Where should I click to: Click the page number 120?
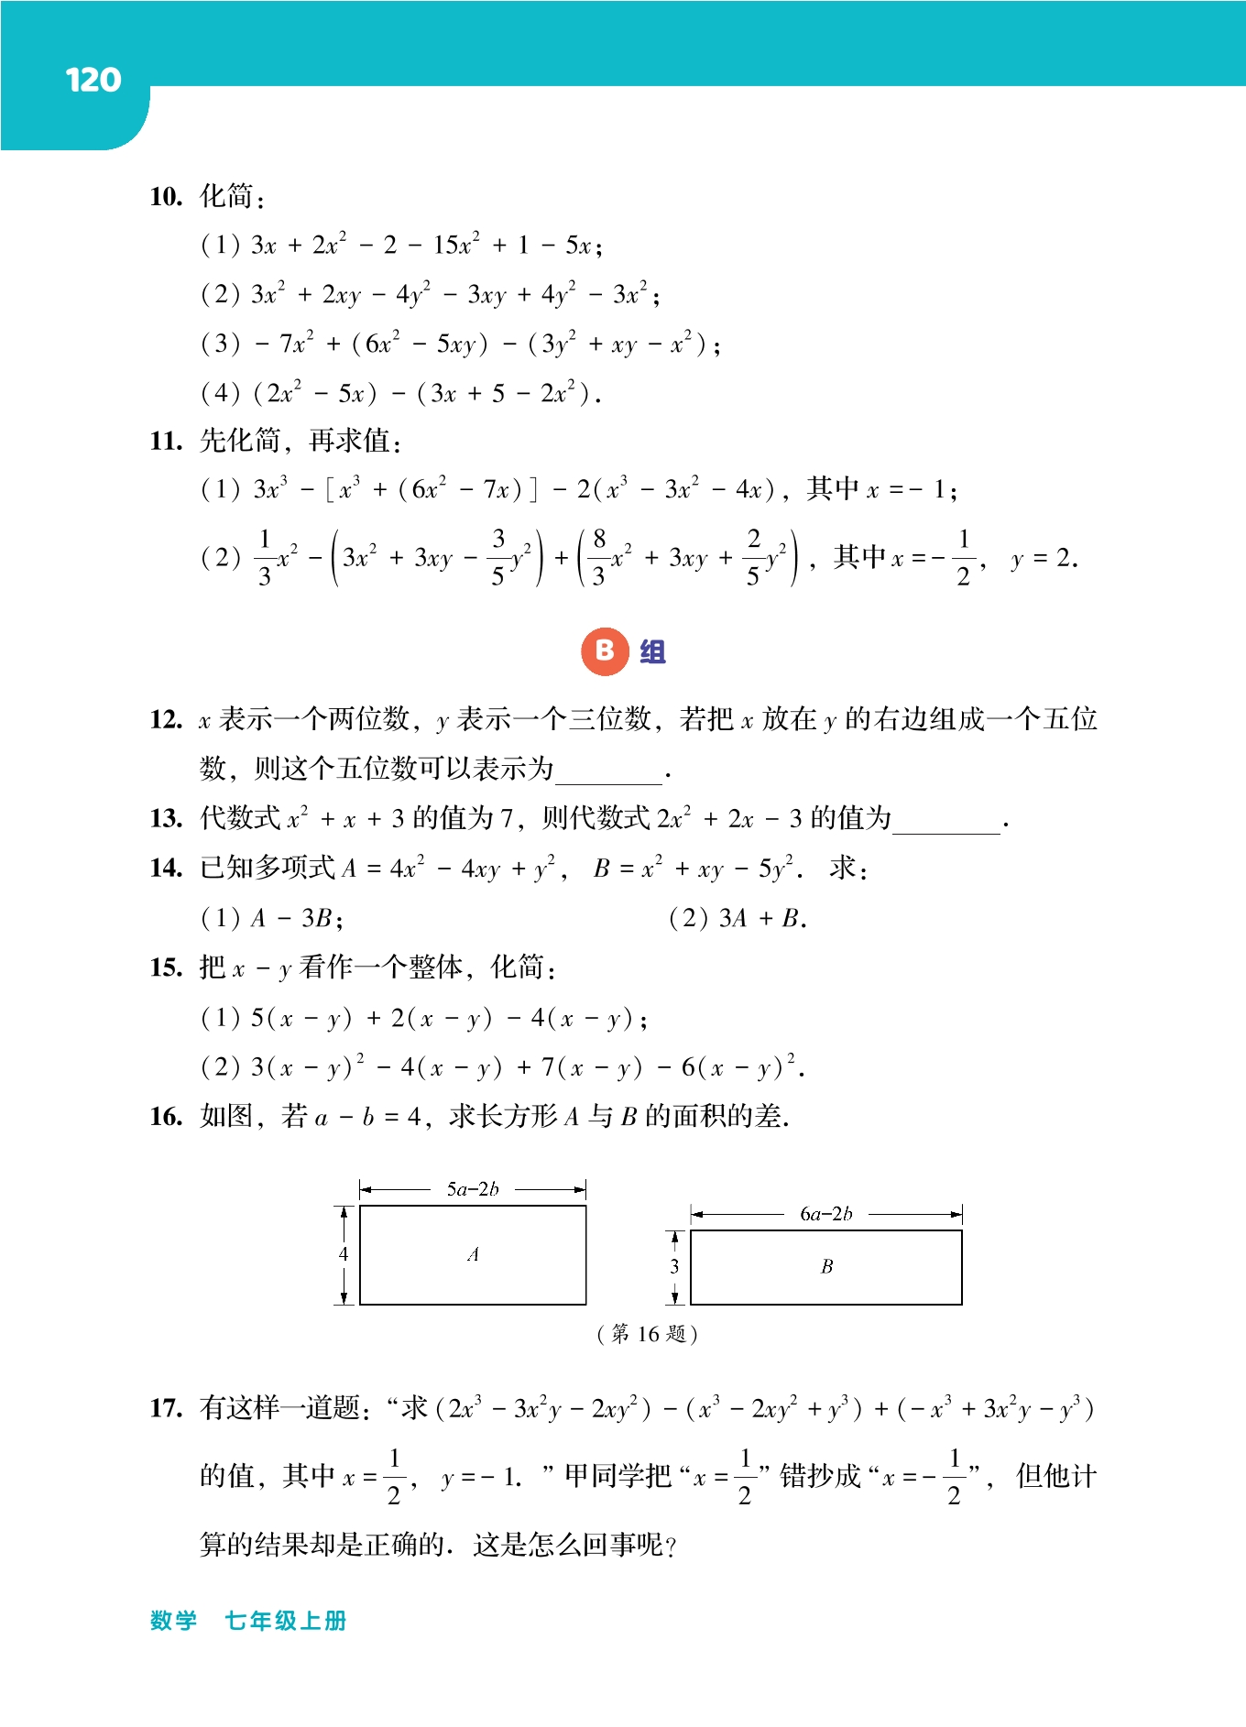click(93, 81)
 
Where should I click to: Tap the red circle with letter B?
click(605, 651)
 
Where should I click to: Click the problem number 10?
click(166, 196)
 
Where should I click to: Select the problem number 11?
click(166, 442)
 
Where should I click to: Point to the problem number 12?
click(166, 720)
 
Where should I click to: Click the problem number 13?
click(166, 818)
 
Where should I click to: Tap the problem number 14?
click(166, 868)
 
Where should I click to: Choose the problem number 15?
click(166, 967)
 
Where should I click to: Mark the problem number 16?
click(166, 1117)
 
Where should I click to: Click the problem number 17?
click(166, 1408)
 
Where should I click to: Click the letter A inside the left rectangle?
click(473, 1254)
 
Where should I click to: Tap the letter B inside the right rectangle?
click(826, 1266)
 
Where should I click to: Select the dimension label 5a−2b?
click(473, 1189)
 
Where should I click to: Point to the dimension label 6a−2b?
click(825, 1214)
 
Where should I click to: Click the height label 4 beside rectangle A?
click(344, 1254)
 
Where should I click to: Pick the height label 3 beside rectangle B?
click(674, 1266)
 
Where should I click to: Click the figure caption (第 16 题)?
click(648, 1334)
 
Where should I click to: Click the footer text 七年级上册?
click(286, 1621)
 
